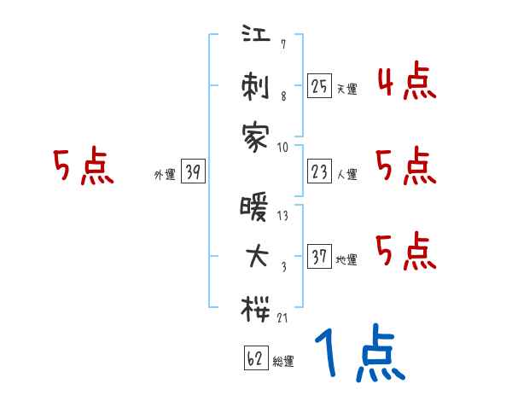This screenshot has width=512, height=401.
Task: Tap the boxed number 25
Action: [x=319, y=86]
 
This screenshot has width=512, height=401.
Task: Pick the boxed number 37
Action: [x=319, y=257]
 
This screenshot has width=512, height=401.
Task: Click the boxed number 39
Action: [x=194, y=173]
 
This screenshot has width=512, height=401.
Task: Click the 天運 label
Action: [x=346, y=89]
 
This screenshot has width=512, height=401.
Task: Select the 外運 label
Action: [x=165, y=175]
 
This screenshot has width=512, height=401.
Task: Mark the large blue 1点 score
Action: [x=359, y=353]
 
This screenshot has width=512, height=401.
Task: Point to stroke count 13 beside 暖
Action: [x=283, y=215]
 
